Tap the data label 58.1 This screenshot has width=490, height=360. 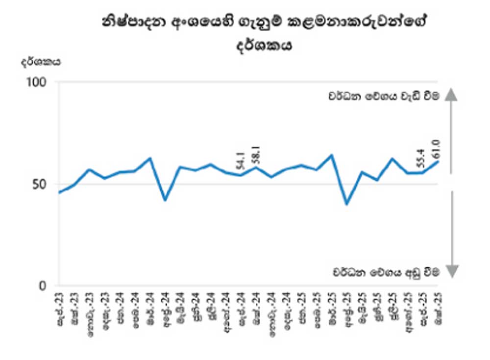coord(255,154)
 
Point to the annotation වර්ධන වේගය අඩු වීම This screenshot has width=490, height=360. coord(385,271)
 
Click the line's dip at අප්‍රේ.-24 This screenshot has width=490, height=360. coord(165,200)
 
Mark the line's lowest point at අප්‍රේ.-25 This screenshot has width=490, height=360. coord(347,204)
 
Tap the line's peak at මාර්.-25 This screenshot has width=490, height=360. coord(332,155)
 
